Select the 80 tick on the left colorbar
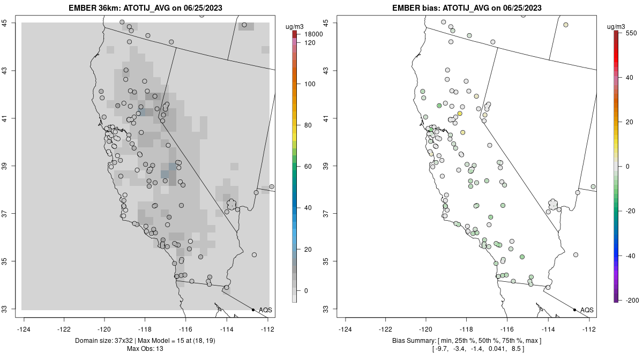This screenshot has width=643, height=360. click(309, 125)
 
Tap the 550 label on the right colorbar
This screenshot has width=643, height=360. click(631, 33)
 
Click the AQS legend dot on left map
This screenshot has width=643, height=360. click(253, 310)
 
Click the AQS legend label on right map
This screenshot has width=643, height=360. click(587, 310)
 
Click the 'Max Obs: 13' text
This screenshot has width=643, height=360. click(145, 349)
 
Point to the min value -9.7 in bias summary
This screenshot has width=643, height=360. click(440, 349)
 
